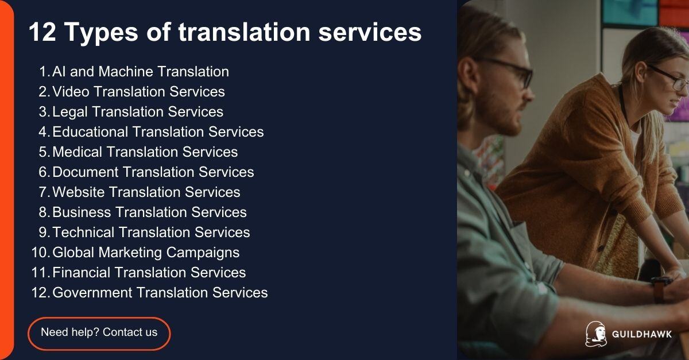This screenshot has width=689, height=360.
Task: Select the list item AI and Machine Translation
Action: tap(140, 72)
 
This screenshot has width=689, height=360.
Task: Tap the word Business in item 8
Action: tap(82, 212)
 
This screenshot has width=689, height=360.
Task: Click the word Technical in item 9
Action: tap(84, 233)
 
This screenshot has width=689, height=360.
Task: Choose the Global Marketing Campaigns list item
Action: tap(146, 253)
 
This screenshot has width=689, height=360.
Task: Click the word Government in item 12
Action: tap(93, 293)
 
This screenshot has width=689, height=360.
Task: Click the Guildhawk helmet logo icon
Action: tap(595, 334)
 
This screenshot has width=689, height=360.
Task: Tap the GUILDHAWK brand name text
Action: tap(642, 335)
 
